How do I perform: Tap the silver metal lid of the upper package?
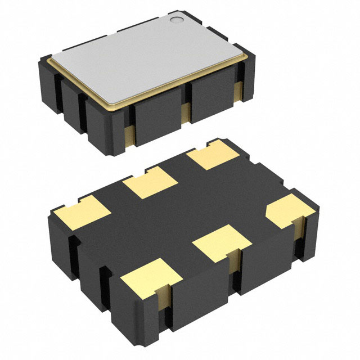146,56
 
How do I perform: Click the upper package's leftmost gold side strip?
128,136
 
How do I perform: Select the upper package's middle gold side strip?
186,112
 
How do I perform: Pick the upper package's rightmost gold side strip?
237,89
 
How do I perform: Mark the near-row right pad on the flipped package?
290,211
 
